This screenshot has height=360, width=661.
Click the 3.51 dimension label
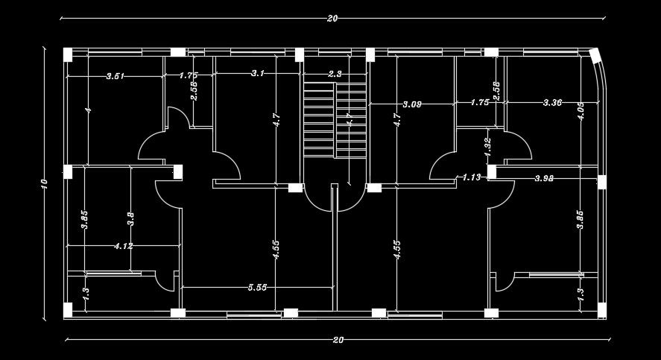point(116,76)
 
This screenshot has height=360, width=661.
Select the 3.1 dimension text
point(258,74)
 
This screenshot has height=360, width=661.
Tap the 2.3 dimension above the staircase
point(335,74)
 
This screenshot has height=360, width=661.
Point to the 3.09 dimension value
point(412,104)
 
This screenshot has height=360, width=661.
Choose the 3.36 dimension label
point(552,103)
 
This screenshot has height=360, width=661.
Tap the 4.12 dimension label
point(123,246)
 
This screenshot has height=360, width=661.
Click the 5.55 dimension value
point(257,287)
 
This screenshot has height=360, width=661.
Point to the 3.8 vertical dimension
point(131,220)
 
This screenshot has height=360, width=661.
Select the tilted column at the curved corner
point(595,56)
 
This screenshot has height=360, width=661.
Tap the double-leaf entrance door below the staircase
point(334,198)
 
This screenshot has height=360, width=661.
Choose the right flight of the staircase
point(351,119)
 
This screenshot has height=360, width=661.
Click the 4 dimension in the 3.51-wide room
point(88,110)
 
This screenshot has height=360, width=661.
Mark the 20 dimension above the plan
point(332,19)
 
